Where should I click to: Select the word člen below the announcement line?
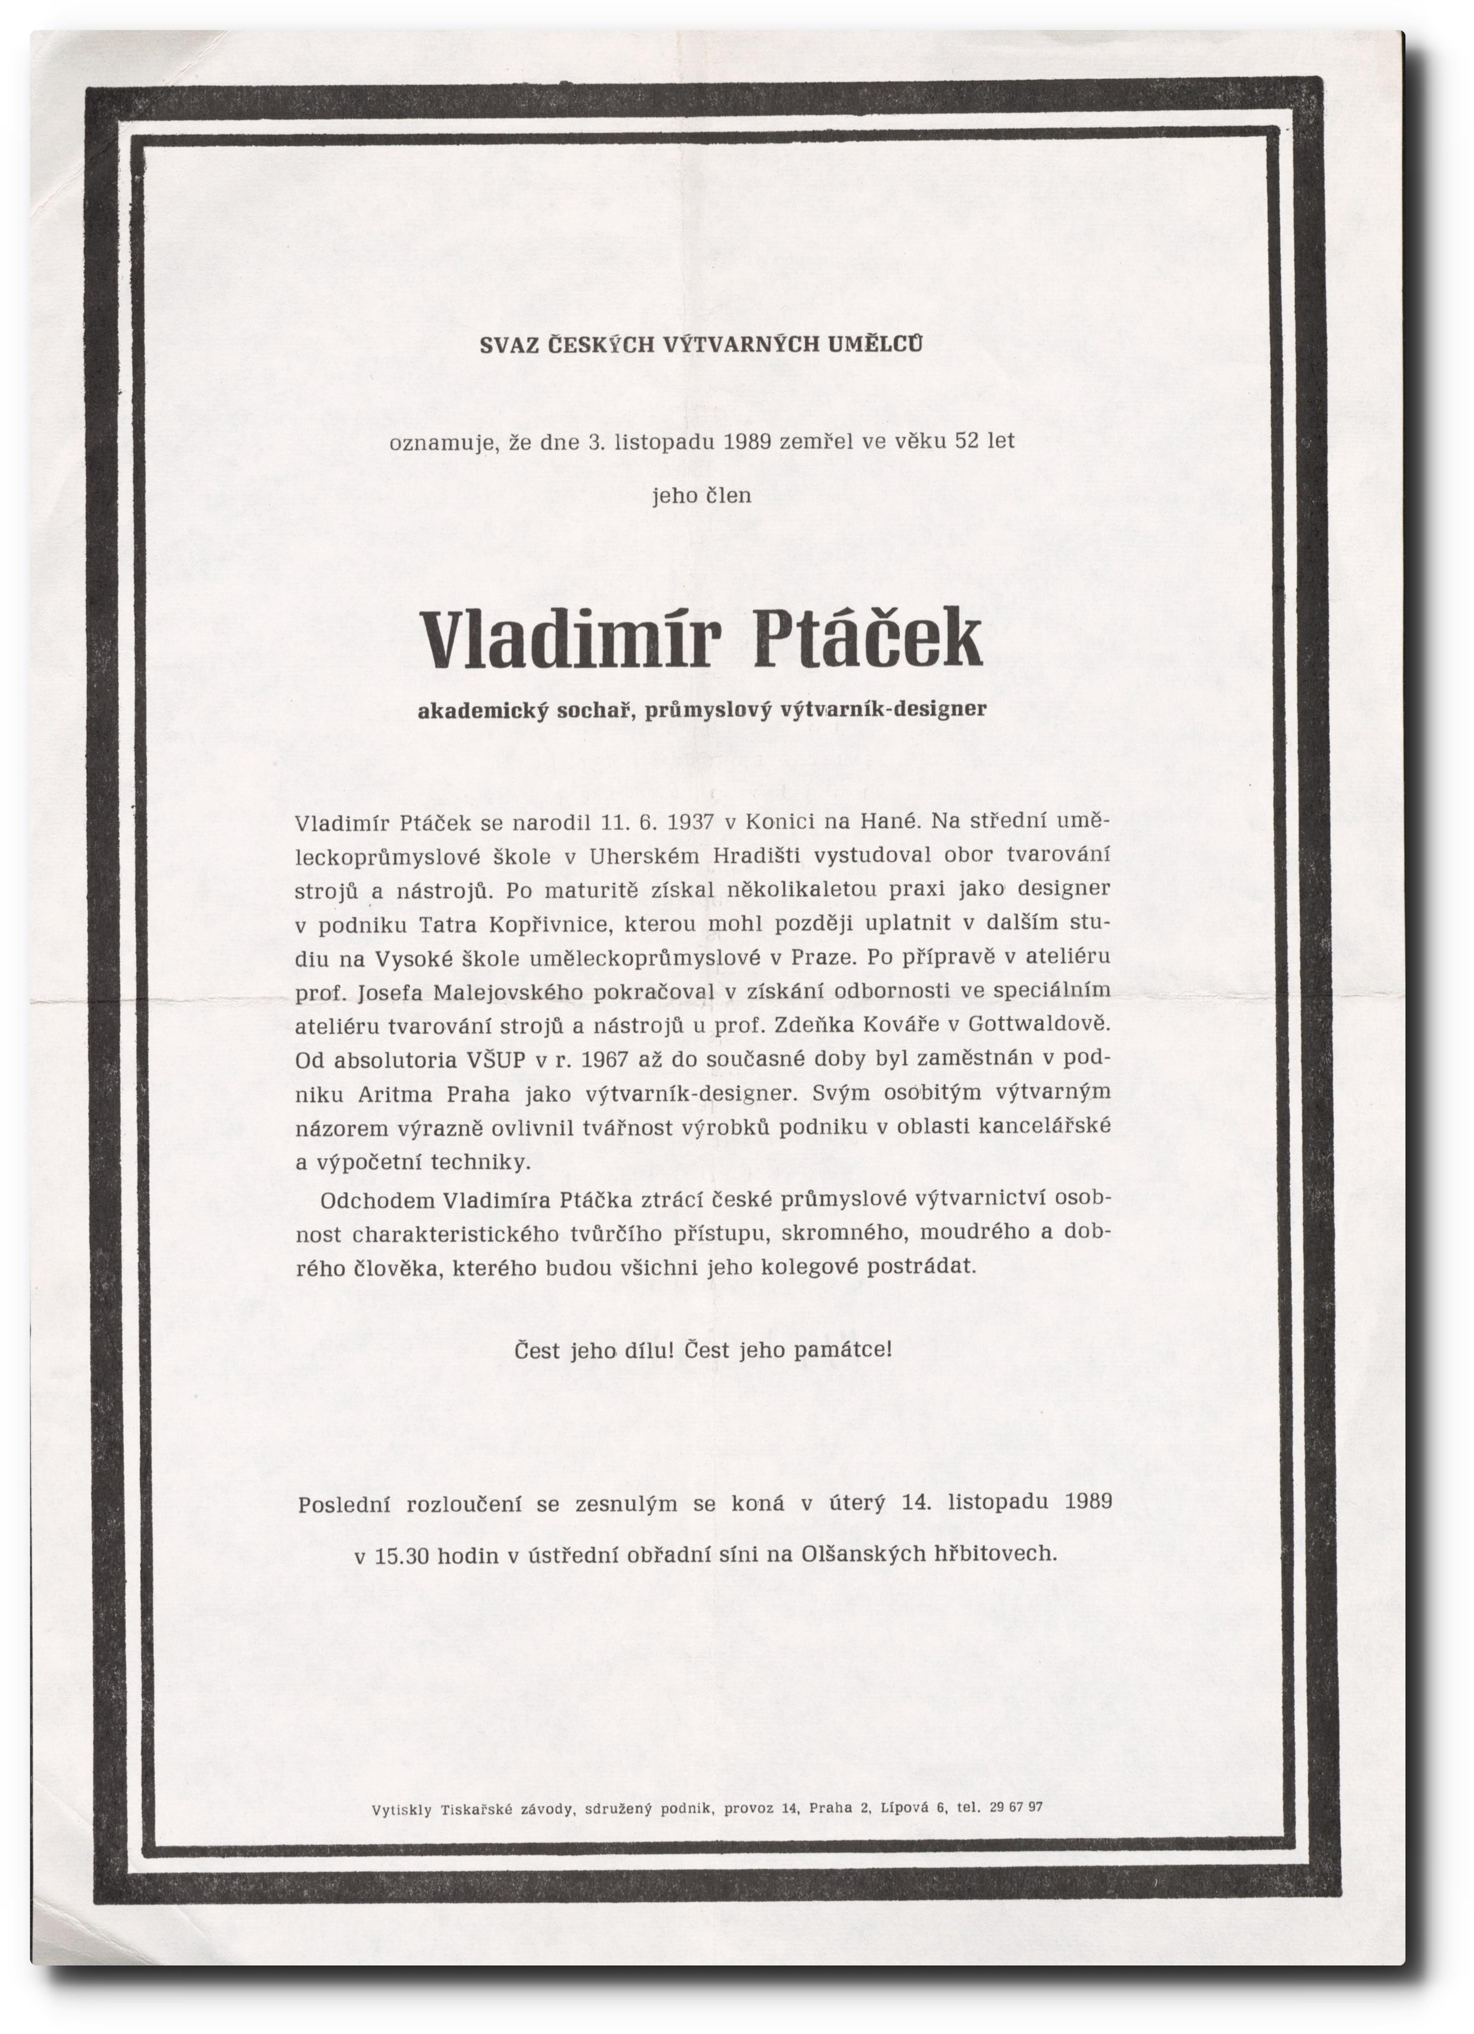[729, 495]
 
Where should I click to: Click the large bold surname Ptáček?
[867, 639]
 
